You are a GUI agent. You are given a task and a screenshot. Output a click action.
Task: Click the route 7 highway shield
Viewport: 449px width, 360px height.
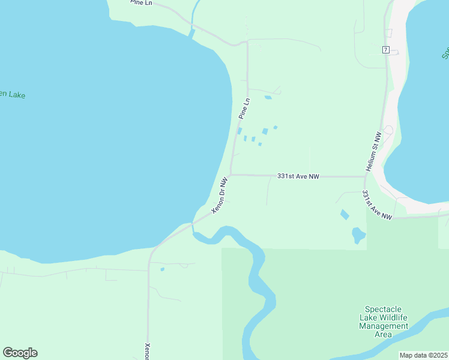coord(385,49)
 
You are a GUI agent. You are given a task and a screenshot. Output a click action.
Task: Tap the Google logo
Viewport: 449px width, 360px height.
coord(20,353)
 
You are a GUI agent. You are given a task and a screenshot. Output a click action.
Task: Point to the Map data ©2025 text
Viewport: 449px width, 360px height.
coord(423,355)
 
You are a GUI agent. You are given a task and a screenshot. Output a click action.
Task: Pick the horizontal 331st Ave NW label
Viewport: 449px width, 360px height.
coord(298,176)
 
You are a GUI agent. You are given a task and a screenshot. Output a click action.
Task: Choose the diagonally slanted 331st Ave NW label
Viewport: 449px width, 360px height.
coord(377,206)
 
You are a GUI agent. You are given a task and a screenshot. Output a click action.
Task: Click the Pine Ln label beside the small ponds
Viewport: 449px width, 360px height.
coord(244,108)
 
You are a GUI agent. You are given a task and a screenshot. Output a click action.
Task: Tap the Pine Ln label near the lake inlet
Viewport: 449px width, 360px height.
coord(142,3)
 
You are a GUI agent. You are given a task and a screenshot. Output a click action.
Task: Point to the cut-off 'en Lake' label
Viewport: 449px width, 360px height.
coord(13,95)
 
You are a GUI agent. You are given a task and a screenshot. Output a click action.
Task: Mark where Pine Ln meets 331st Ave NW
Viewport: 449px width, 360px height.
coord(231,175)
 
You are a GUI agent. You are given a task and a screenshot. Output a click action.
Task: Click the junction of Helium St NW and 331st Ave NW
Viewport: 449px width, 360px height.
coord(365,177)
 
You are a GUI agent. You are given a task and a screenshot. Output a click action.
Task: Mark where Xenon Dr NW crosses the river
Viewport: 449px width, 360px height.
coord(193,224)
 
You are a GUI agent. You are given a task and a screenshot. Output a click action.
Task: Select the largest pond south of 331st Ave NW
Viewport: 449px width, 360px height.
coord(358,235)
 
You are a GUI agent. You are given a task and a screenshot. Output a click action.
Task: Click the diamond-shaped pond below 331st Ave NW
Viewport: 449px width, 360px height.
coord(344,214)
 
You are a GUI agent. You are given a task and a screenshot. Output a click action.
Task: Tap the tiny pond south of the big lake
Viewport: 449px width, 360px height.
coord(162,269)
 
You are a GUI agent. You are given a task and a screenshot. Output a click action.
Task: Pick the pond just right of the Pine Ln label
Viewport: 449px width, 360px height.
coord(268,97)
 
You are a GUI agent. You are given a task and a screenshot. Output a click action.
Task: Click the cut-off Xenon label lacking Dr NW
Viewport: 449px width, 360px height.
coord(148,352)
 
